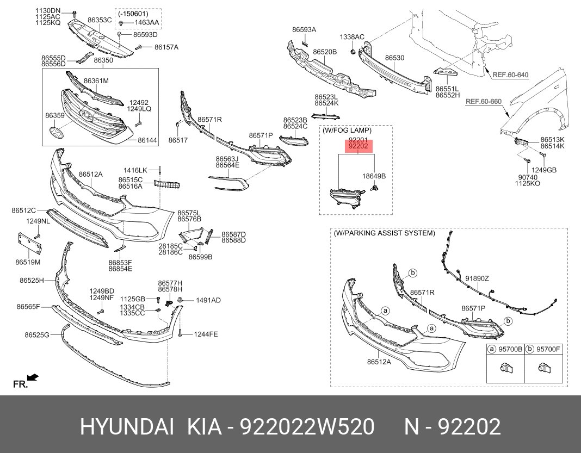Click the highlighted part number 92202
coord(358,146)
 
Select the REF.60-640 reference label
coord(510,75)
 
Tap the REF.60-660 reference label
coord(483,101)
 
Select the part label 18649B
coord(374,176)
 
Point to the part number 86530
coord(394,58)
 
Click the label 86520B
coord(325,52)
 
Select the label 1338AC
coord(352,36)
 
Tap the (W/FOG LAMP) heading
coord(347,131)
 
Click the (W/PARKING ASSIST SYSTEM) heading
coord(384,233)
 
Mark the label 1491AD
coord(208,300)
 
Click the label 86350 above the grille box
coord(103,60)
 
